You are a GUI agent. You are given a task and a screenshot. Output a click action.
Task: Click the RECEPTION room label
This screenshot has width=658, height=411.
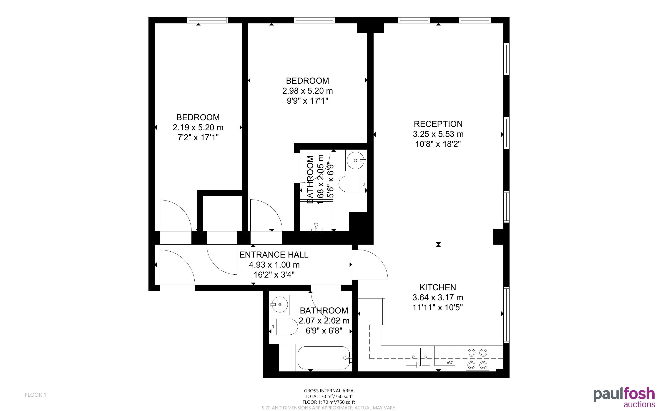click(438, 124)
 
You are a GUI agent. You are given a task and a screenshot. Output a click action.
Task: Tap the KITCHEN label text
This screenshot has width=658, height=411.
click(438, 287)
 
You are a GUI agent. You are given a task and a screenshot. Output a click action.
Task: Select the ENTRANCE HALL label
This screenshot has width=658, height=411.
click(274, 255)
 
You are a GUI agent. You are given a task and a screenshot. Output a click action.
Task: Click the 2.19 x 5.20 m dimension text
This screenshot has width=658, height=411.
click(198, 128)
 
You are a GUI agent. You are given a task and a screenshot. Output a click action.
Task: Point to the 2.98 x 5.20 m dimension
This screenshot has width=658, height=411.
click(307, 91)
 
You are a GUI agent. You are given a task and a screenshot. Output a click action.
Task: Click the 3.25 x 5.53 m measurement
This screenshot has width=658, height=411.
click(438, 134)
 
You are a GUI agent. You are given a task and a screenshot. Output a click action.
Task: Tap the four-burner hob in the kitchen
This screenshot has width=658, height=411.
click(477, 358)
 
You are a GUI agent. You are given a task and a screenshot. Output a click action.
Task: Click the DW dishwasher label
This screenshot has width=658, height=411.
click(450, 363)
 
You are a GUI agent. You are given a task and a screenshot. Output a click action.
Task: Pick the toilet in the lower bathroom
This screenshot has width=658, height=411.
click(284, 327)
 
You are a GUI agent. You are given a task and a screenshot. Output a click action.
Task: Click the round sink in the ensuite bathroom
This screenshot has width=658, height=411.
click(356, 160)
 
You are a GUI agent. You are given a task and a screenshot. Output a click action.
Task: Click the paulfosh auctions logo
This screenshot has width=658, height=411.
click(624, 397)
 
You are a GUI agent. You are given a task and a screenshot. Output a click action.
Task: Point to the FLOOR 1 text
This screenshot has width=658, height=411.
click(36, 395)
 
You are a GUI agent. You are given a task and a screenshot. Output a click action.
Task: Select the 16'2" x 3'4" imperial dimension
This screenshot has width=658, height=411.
click(274, 275)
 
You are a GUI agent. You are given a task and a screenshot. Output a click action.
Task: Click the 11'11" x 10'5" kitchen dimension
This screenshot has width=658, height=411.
click(438, 307)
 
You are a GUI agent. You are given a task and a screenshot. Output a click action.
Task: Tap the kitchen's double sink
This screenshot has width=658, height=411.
click(418, 357)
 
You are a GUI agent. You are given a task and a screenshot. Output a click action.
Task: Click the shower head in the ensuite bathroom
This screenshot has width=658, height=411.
click(316, 227)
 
